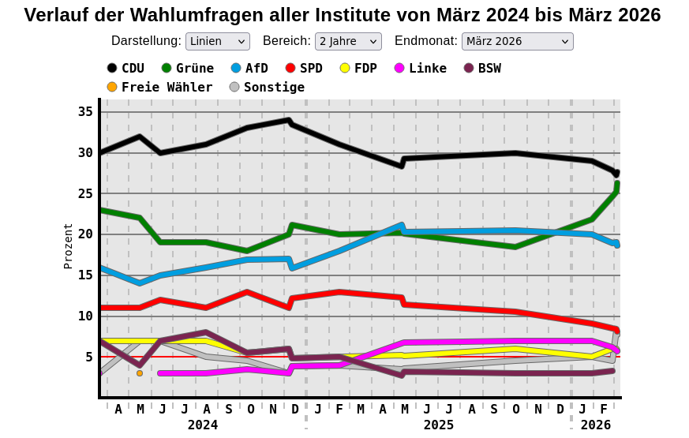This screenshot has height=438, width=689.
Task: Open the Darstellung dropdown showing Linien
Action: [217, 41]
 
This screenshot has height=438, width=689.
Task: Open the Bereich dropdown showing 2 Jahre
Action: [347, 41]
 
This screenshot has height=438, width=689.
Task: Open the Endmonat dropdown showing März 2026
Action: [517, 41]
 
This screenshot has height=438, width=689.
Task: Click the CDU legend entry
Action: [126, 68]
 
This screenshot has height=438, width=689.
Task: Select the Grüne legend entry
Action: [188, 68]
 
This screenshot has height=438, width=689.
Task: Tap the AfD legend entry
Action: [249, 68]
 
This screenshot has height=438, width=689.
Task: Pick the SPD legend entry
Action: [304, 68]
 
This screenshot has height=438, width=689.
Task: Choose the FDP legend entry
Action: [358, 68]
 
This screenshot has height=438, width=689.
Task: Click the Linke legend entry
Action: [421, 68]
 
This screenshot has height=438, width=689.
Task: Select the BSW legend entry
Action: [482, 68]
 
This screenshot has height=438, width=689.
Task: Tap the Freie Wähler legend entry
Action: [159, 87]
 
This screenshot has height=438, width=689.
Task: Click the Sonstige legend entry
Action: [267, 87]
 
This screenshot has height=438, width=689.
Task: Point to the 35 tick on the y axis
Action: [85, 112]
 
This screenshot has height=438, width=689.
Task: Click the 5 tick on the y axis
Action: [88, 357]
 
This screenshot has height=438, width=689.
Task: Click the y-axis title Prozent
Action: [68, 246]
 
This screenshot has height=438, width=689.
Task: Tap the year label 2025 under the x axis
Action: [439, 425]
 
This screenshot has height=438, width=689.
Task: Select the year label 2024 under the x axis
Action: [203, 425]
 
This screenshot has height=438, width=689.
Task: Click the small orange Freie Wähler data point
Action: [140, 373]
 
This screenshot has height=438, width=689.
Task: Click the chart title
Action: [343, 15]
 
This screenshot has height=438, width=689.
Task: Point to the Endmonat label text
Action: [425, 41]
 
